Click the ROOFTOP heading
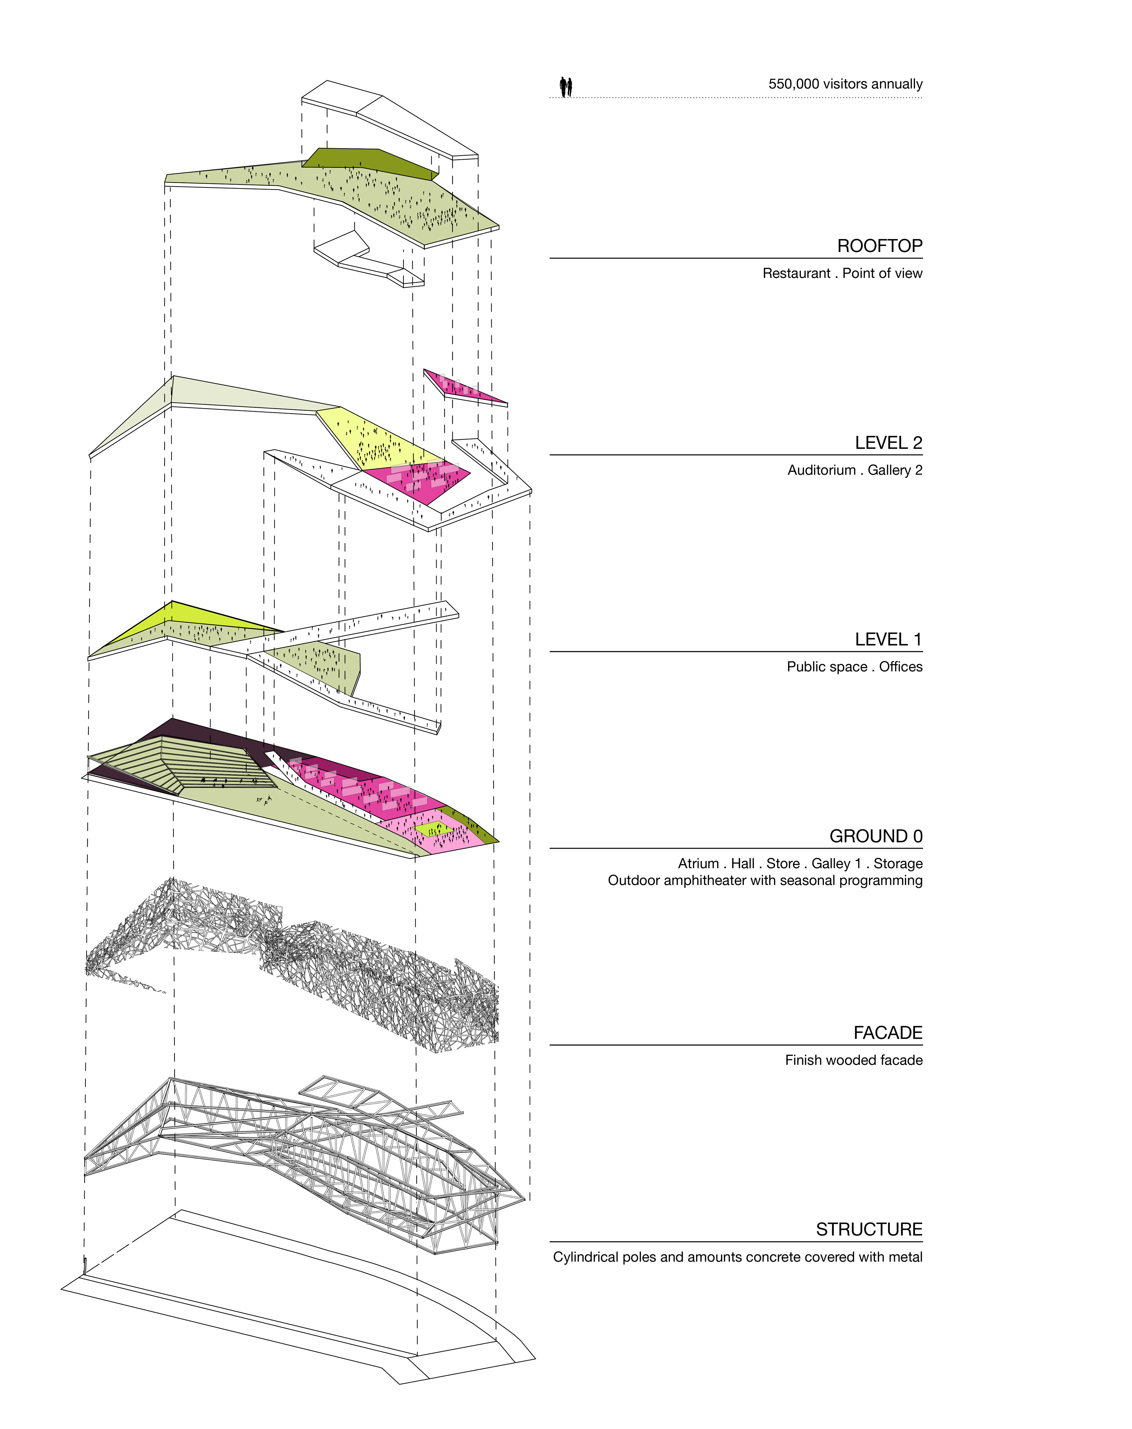[x=879, y=246]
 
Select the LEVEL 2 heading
[x=888, y=443]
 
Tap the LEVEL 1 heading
[x=888, y=640]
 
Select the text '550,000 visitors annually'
[x=845, y=84]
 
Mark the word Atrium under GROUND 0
[x=698, y=864]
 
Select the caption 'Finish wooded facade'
[x=854, y=1061]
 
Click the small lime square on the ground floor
[x=434, y=829]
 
